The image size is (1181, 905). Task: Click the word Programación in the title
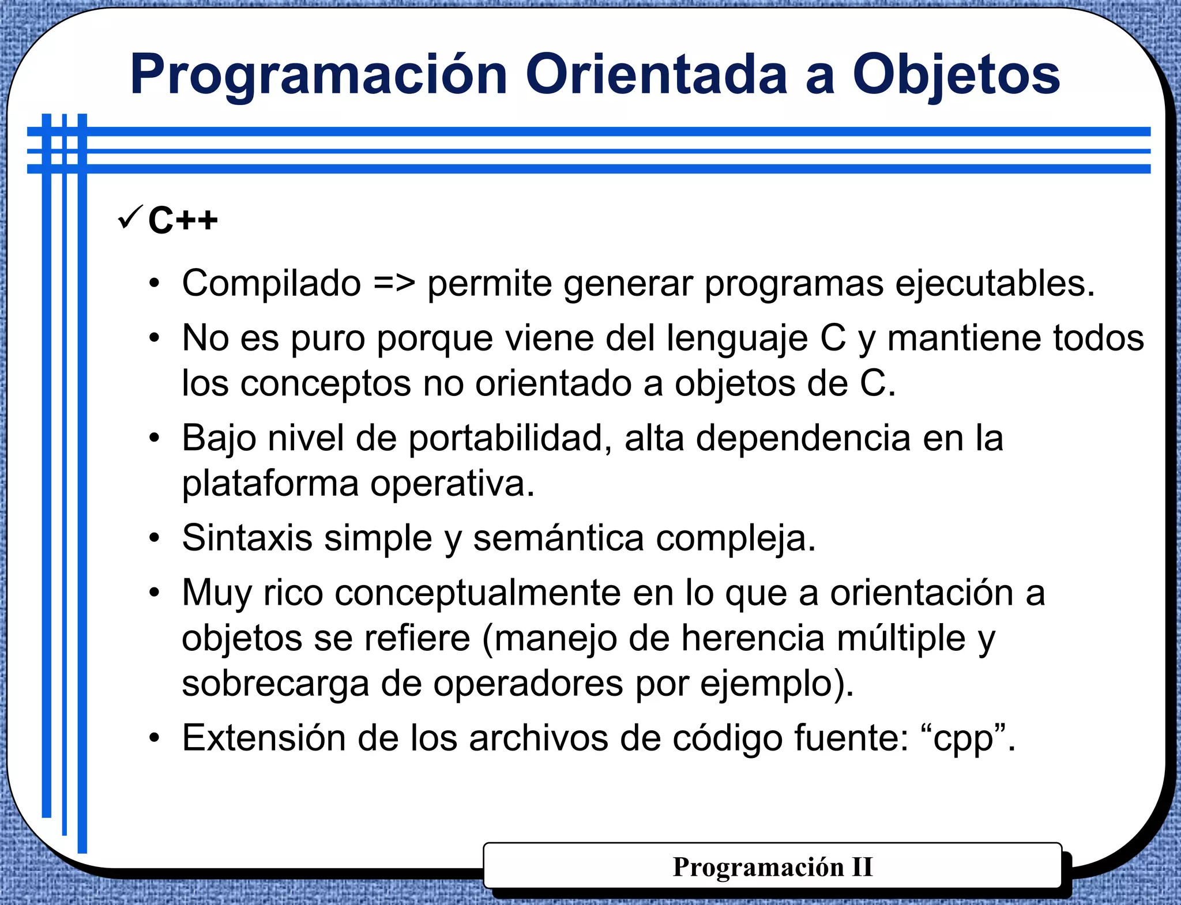coord(318,75)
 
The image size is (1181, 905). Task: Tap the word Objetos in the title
coord(956,75)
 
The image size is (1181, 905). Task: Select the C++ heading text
coord(183,220)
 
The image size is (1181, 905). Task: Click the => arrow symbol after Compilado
coord(394,284)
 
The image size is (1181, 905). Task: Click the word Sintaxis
coord(247,538)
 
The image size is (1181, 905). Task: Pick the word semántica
coord(558,538)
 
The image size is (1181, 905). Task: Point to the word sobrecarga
coord(275,684)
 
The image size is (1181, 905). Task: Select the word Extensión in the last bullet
coord(264,738)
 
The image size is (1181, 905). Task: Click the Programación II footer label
coord(773,867)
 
